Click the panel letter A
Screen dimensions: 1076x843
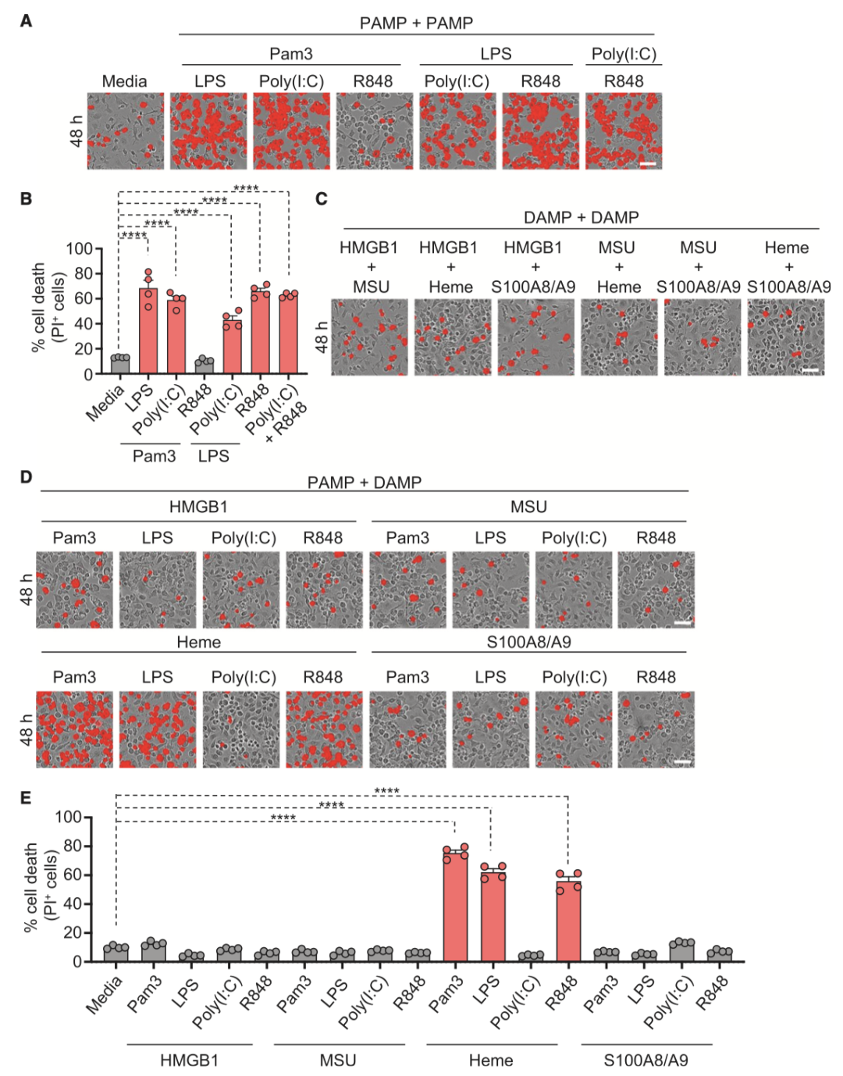click(x=26, y=21)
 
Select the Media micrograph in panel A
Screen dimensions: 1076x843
click(x=126, y=131)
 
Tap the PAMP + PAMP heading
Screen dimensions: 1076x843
click(x=416, y=23)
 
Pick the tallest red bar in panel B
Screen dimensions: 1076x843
click(x=148, y=330)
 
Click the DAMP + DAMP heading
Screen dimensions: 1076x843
click(x=581, y=217)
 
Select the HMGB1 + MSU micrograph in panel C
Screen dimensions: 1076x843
click(x=370, y=337)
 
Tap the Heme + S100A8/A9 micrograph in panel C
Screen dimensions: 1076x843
click(x=786, y=337)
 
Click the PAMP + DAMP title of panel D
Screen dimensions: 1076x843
click(x=364, y=482)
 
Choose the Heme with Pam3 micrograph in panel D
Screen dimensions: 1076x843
click(x=75, y=729)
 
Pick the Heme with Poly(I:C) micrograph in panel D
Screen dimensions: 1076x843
click(x=241, y=729)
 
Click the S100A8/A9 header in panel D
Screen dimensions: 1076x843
click(x=528, y=642)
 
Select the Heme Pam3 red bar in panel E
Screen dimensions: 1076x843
click(x=455, y=906)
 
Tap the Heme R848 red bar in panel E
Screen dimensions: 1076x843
click(x=568, y=921)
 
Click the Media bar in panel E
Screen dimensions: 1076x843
click(x=116, y=953)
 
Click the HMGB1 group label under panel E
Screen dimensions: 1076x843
click(x=189, y=1060)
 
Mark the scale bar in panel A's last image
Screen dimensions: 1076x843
click(x=648, y=164)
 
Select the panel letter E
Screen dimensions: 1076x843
click(x=26, y=797)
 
